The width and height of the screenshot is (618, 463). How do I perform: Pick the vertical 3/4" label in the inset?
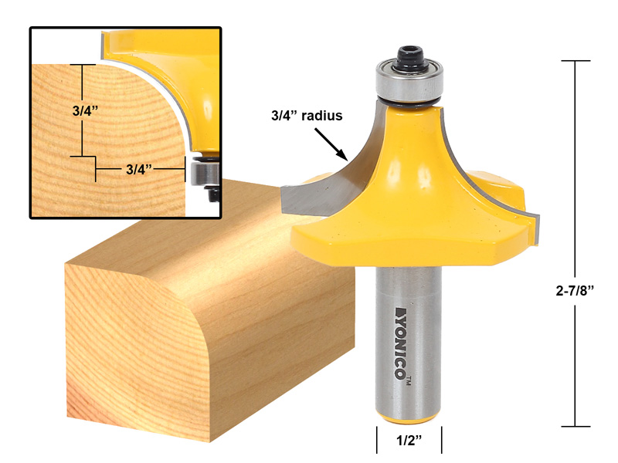point(80,110)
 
